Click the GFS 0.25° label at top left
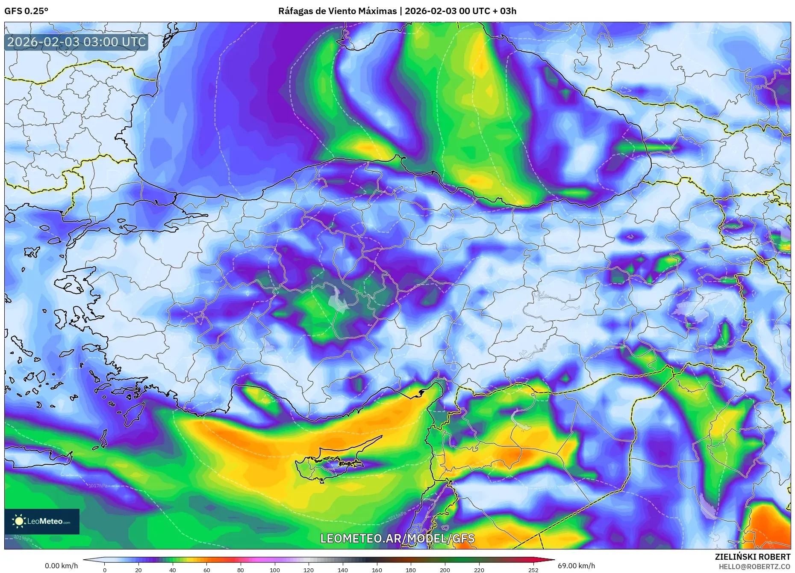tap(26, 11)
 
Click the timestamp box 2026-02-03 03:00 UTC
tap(77, 42)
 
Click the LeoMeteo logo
tap(42, 521)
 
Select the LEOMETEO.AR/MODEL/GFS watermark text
tap(397, 538)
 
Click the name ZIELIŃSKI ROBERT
tap(752, 557)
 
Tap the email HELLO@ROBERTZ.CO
tap(754, 566)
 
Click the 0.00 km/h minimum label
tap(62, 566)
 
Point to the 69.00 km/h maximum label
tap(576, 566)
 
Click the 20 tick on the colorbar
tap(138, 570)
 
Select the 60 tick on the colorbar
tap(207, 570)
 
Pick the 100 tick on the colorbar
tap(275, 570)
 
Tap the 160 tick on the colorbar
tap(377, 570)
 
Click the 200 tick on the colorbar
tap(445, 570)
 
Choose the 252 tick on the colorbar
tap(533, 570)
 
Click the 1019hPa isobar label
tap(22, 538)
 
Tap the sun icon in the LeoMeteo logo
tap(19, 521)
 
